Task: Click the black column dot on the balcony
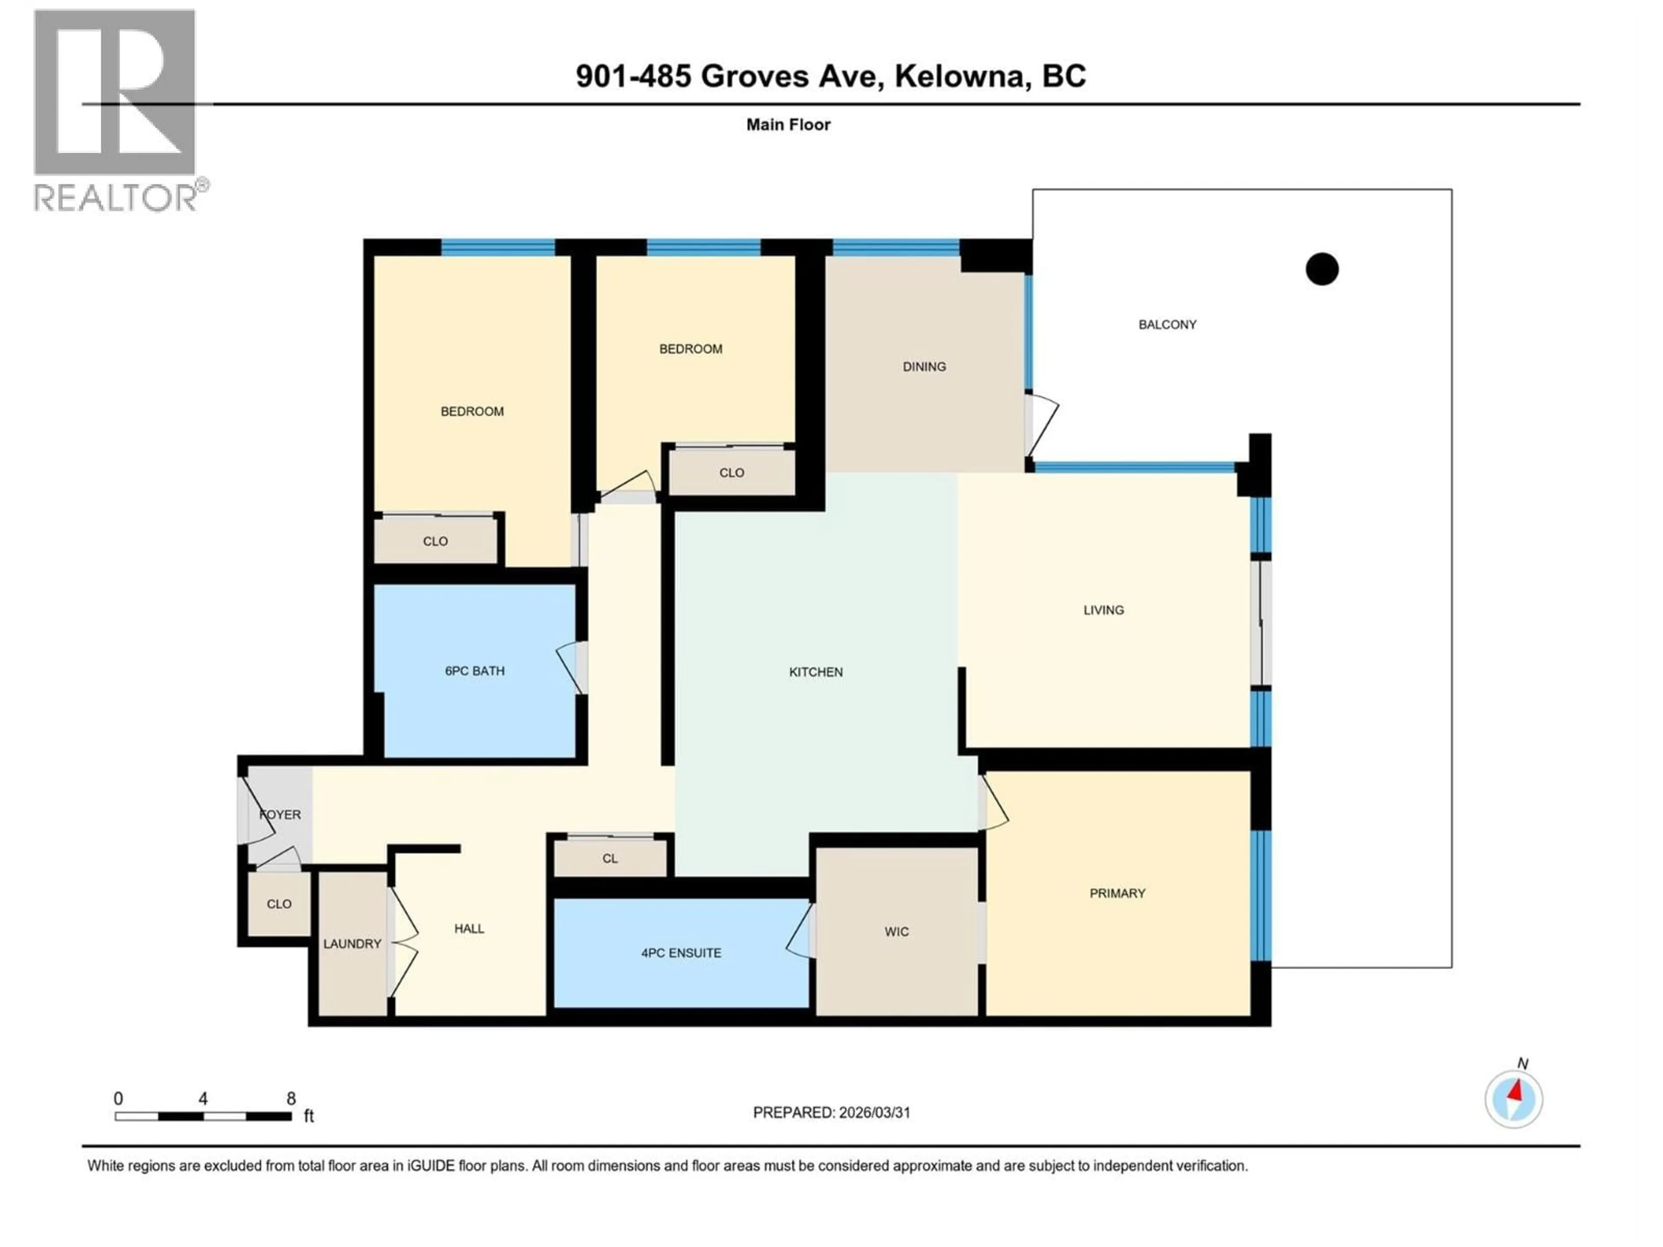coord(1322,269)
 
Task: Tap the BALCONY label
coord(1167,325)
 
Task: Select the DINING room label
coord(924,367)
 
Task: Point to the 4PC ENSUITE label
coord(681,953)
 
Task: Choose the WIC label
coord(896,932)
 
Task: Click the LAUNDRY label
coord(352,944)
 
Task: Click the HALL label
coord(469,929)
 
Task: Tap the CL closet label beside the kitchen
coord(610,858)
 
